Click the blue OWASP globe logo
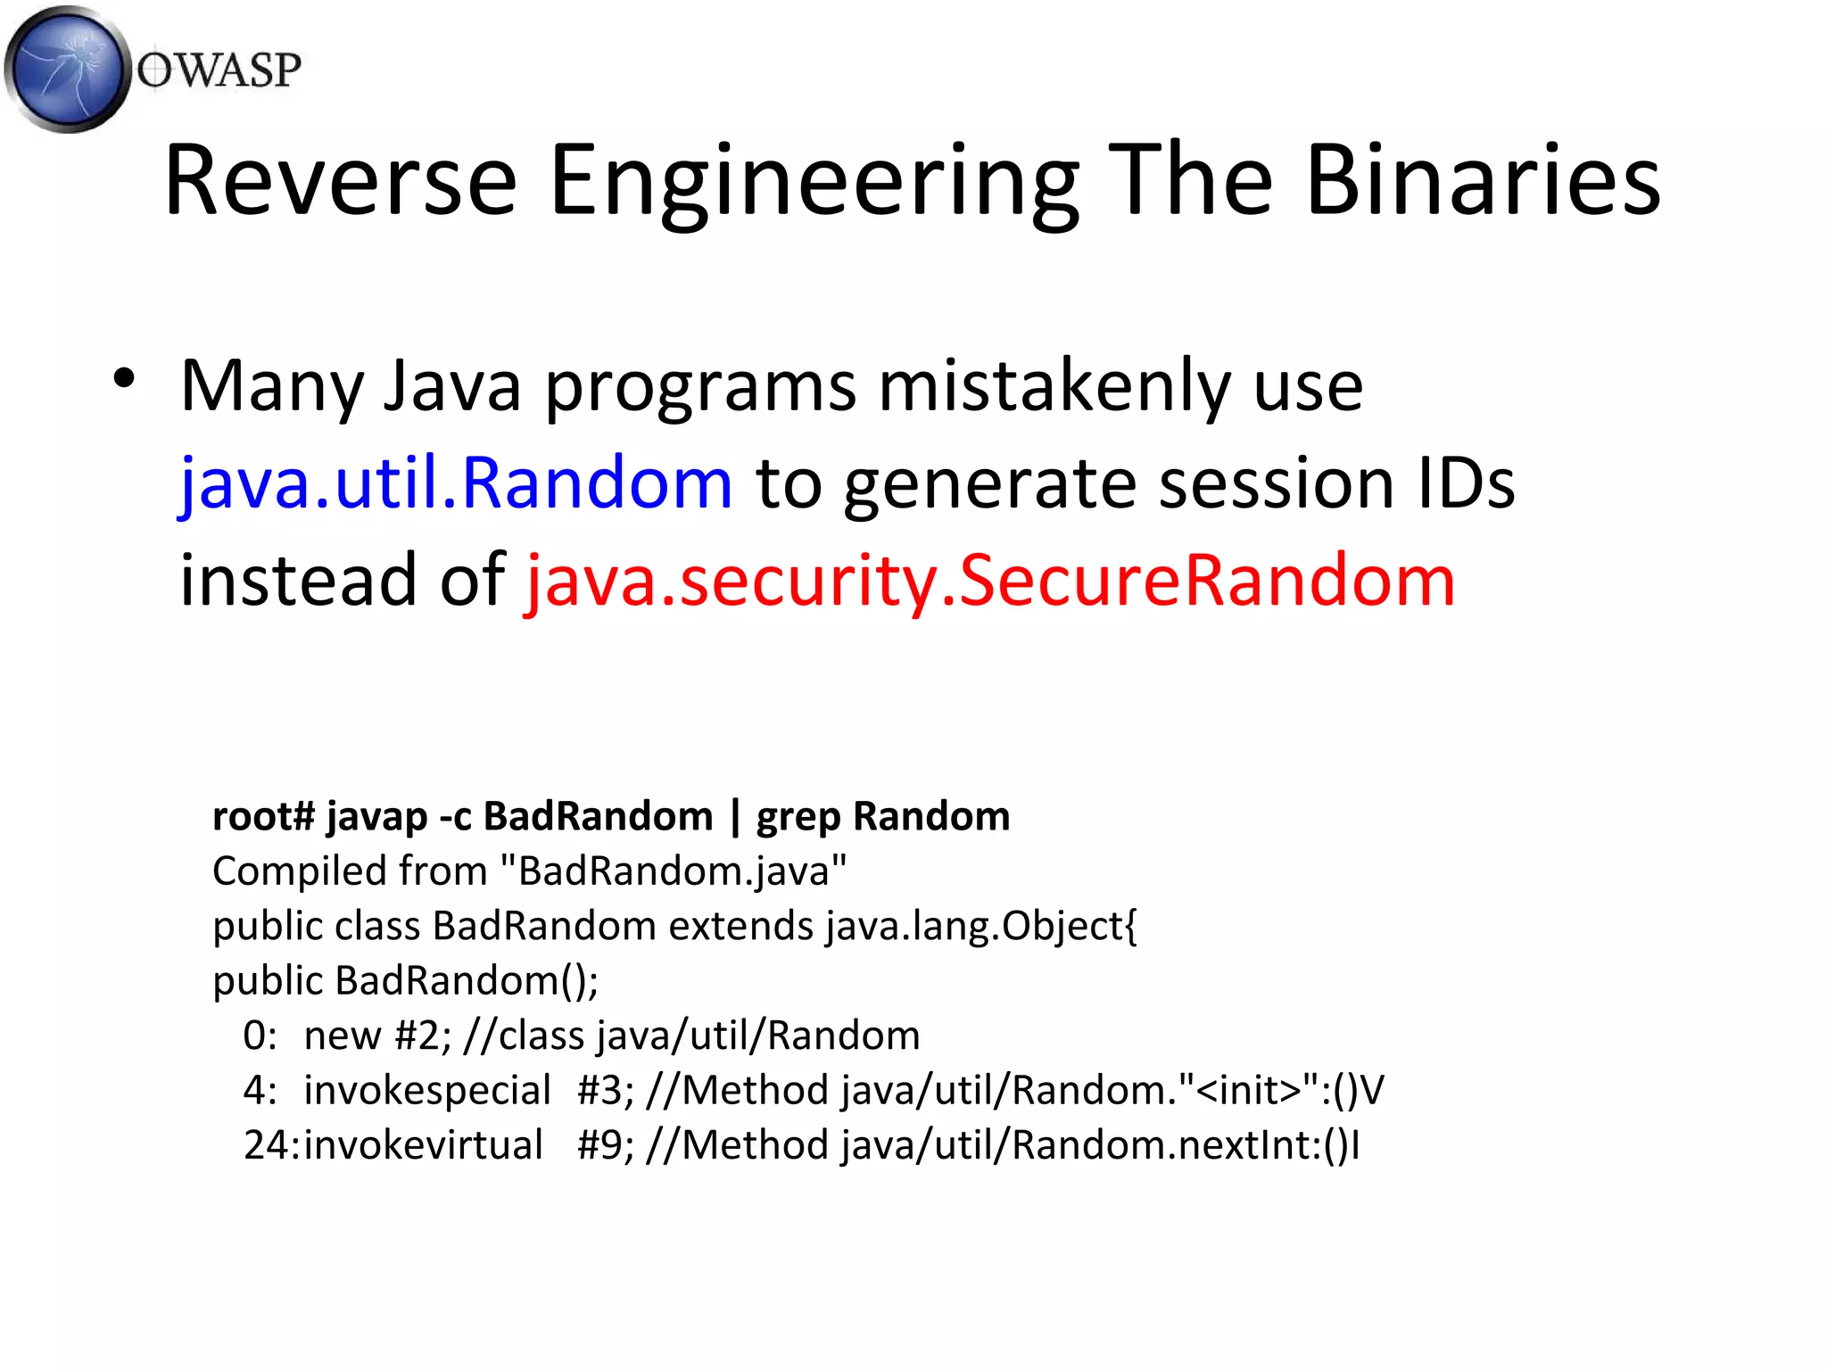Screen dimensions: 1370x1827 pyautogui.click(x=67, y=70)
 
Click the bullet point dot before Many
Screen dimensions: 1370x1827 pyautogui.click(x=124, y=378)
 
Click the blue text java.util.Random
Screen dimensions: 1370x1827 pyautogui.click(x=456, y=483)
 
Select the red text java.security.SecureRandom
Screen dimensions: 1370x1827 pyautogui.click(x=990, y=581)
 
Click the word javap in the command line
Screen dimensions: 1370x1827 pyautogui.click(x=376, y=817)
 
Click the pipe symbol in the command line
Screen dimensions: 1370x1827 pyautogui.click(x=735, y=817)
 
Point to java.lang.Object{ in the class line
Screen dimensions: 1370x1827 pyautogui.click(x=981, y=927)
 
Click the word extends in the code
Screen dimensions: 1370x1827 pyautogui.click(x=740, y=926)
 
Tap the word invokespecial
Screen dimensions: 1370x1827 pyautogui.click(x=427, y=1091)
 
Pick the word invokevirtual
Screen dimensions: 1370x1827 pyautogui.click(x=423, y=1145)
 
